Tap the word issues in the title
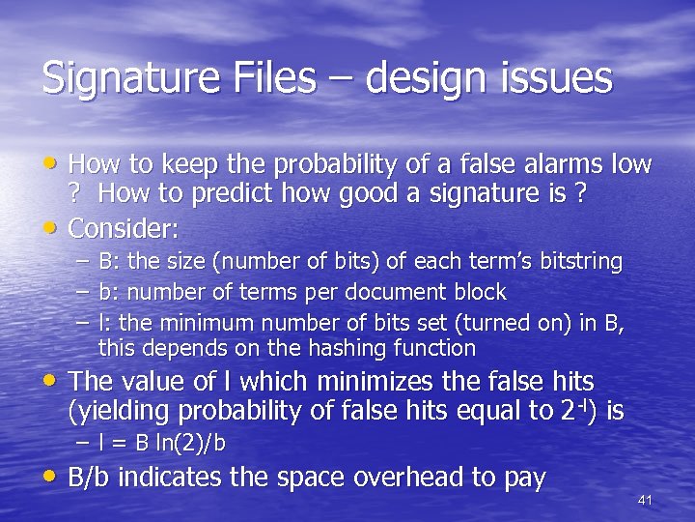[557, 77]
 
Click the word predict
[208, 194]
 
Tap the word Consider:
[125, 230]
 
